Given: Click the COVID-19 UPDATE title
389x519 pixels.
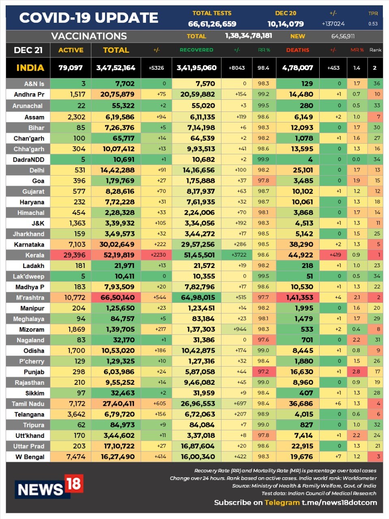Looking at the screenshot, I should click(89, 18).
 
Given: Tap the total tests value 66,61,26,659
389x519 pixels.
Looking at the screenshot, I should click(212, 24).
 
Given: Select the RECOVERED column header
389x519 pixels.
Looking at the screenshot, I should click(196, 50).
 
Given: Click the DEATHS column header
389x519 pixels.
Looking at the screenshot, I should click(297, 50).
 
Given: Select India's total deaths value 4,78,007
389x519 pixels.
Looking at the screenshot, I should click(297, 68).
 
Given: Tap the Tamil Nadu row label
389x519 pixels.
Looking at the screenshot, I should click(28, 404).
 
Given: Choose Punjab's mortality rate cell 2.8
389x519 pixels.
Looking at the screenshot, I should click(356, 372).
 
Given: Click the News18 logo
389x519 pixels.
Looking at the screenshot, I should click(49, 487).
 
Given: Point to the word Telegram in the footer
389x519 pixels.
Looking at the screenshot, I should click(282, 502).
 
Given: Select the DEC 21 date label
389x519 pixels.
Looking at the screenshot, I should click(28, 50).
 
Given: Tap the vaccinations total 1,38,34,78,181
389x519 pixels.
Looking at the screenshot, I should click(249, 36).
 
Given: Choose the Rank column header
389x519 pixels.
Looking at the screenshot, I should click(375, 50).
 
